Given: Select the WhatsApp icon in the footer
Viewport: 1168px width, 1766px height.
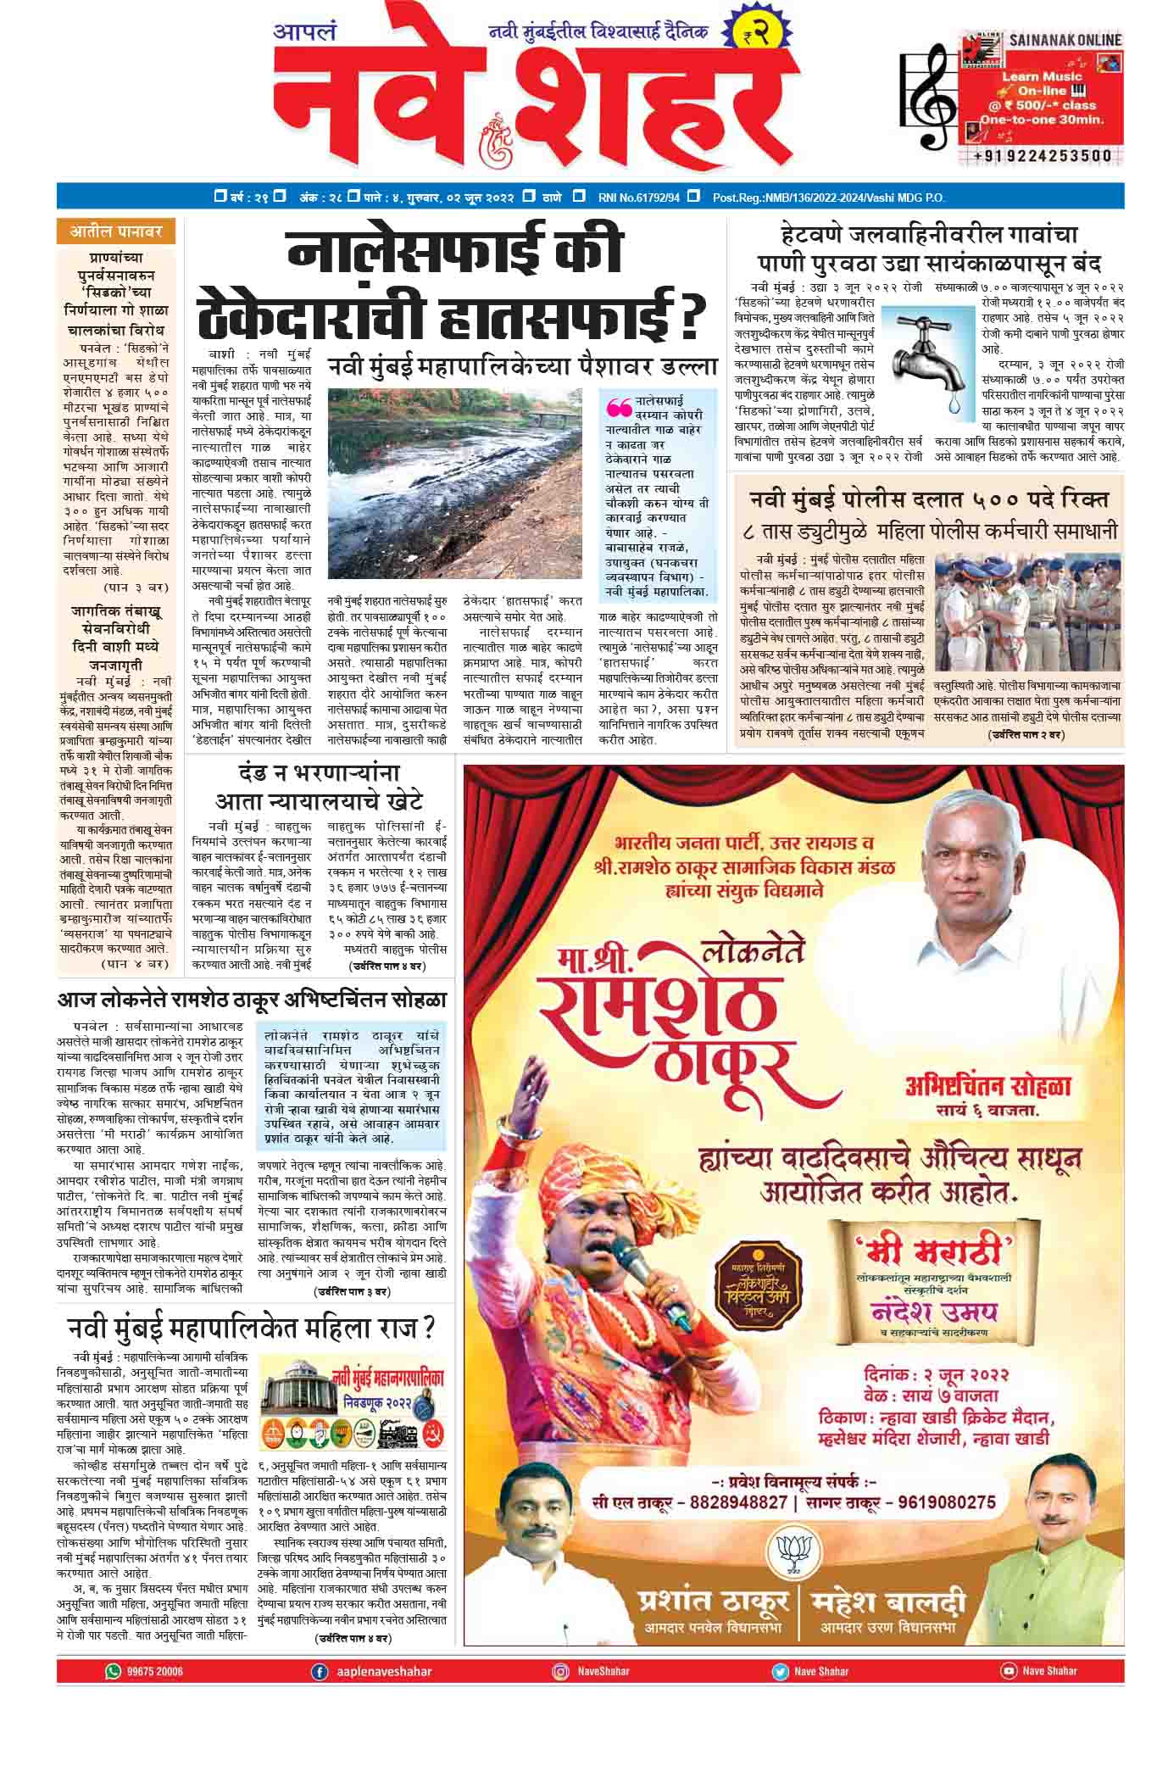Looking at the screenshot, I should [x=113, y=1671].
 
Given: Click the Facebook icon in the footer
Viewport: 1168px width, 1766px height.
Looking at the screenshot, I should [x=320, y=1671].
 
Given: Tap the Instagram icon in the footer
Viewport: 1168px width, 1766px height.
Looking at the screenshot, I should [x=560, y=1671].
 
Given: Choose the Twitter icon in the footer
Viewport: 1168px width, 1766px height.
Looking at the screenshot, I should [x=779, y=1671].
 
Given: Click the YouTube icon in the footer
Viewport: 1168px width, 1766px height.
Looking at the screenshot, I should [x=1008, y=1671].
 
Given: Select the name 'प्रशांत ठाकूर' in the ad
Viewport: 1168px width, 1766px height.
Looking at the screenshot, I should [x=710, y=1602].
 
